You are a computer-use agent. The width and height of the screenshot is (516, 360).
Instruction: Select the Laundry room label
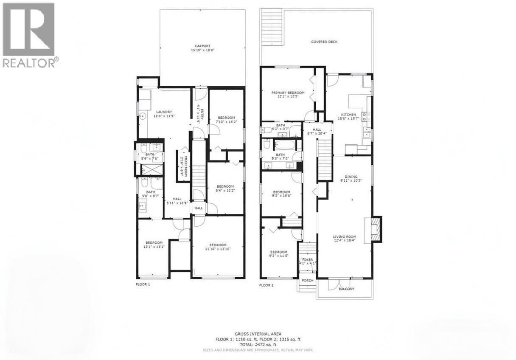163,112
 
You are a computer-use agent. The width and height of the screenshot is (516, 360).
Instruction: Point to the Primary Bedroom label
288,93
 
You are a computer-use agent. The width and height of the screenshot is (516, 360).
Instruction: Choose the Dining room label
351,177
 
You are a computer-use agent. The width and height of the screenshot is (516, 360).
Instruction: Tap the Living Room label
344,237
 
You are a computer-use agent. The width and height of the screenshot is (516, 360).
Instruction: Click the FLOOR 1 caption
143,284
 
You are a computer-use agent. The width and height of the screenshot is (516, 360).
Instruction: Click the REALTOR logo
29,34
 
